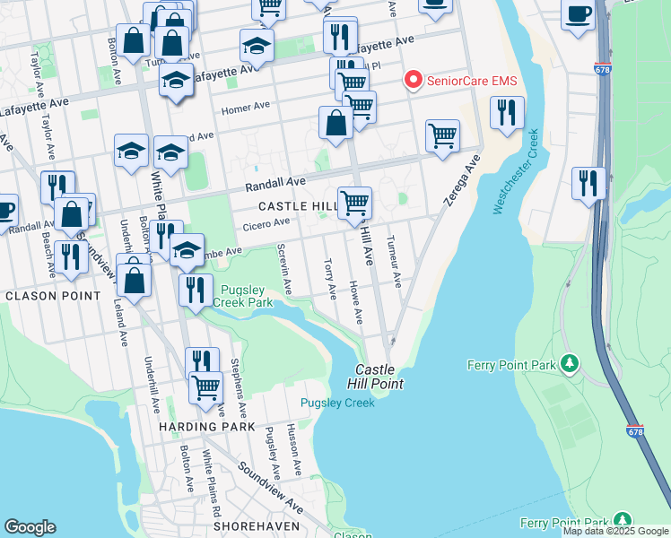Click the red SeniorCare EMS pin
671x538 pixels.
pos(413,81)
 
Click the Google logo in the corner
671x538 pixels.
pos(30,527)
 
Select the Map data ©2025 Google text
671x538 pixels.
pos(615,531)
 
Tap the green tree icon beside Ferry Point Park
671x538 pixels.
pos(568,363)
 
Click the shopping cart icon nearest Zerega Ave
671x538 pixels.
pos(442,136)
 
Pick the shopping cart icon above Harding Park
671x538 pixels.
pos(206,387)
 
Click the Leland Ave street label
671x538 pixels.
pos(123,324)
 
